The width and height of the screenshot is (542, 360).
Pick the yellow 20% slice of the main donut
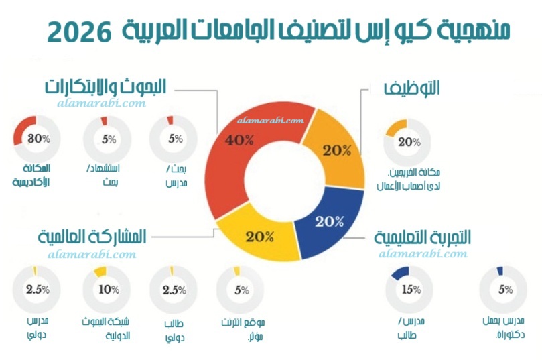[x=259, y=235]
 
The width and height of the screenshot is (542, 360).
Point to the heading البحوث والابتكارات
[x=105, y=86]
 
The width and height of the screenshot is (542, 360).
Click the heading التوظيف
[x=411, y=88]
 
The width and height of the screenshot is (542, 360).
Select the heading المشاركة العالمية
[x=92, y=236]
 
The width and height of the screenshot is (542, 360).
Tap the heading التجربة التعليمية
[x=422, y=237]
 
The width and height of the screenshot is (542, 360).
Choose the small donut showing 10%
[x=106, y=290]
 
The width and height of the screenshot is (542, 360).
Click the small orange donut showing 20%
[x=408, y=141]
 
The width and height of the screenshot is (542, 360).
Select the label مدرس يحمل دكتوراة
[x=504, y=327]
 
